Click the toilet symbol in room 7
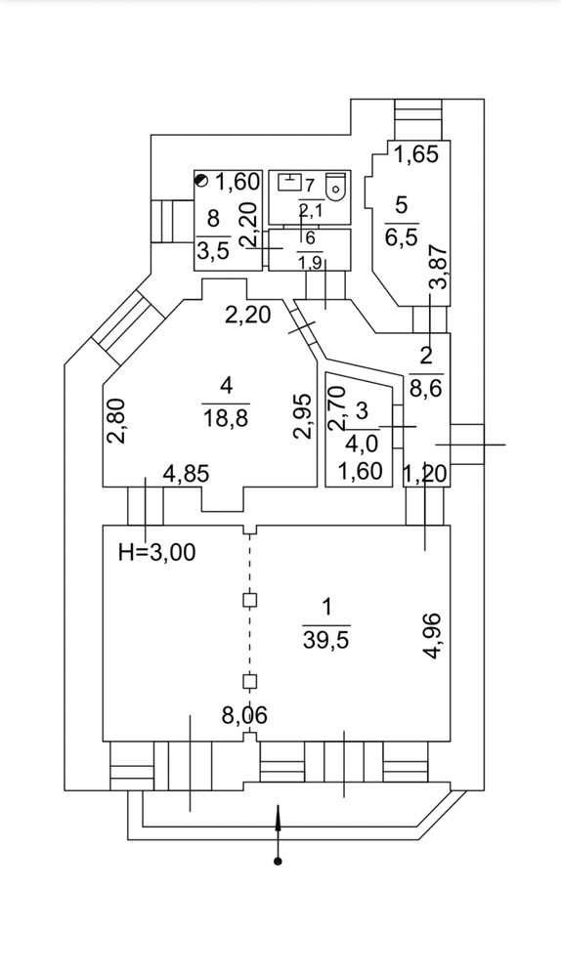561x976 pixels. tap(336, 186)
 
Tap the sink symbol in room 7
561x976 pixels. tap(289, 182)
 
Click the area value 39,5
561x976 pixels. tap(326, 640)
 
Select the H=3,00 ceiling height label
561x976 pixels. tap(157, 551)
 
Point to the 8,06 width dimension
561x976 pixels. tap(244, 716)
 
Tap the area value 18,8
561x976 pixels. tap(226, 418)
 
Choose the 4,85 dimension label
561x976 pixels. tap(186, 474)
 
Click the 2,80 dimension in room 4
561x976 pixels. tap(119, 421)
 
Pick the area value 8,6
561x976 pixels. tap(426, 389)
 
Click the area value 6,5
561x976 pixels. tap(402, 237)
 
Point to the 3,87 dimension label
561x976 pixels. tap(439, 268)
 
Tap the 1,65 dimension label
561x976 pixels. tap(417, 153)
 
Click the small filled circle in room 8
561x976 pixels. tap(200, 181)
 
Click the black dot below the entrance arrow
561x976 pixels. tap(279, 862)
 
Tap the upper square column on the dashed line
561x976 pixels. tap(249, 600)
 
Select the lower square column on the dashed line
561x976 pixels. tap(249, 681)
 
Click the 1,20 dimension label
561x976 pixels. tap(426, 474)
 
